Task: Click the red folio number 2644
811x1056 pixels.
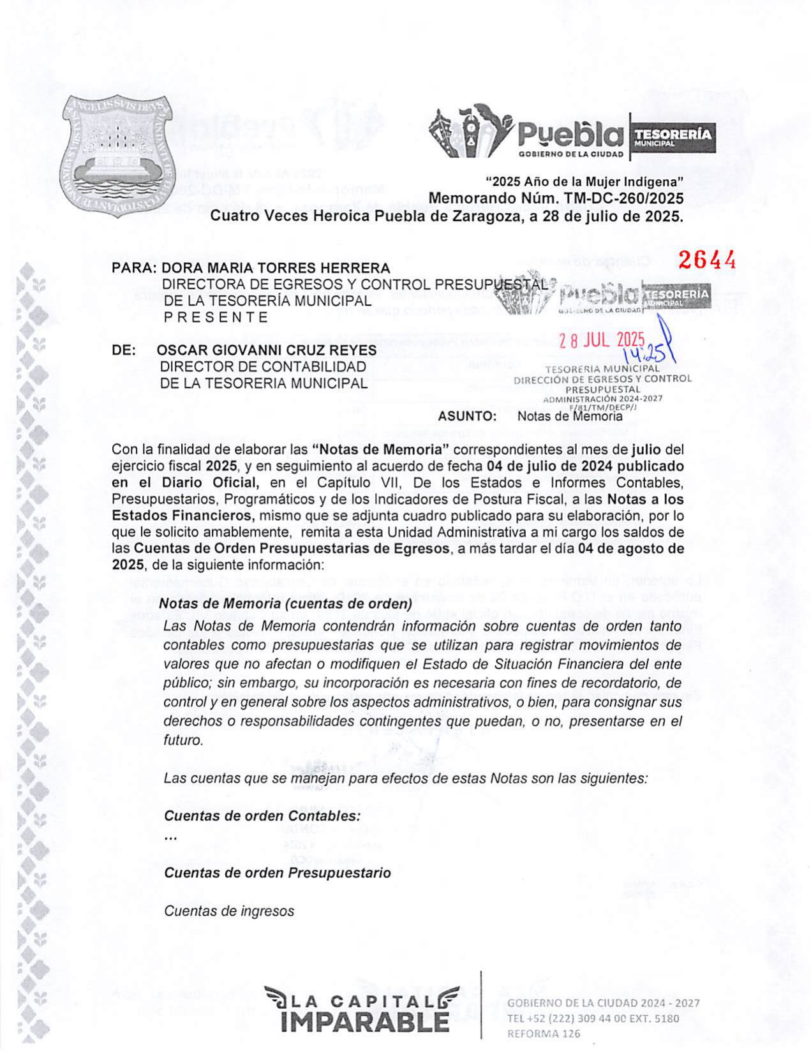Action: coord(706,260)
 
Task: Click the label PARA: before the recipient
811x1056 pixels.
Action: coord(133,268)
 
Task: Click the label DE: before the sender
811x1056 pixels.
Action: coord(123,350)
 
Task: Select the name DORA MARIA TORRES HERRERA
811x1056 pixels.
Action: coord(275,268)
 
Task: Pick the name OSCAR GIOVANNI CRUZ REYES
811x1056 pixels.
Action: coord(266,350)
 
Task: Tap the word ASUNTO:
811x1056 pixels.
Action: coord(466,417)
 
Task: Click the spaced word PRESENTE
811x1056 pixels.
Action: coord(216,317)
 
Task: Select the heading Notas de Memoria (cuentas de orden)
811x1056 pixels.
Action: coord(285,603)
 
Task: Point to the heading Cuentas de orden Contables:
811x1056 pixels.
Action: coord(262,815)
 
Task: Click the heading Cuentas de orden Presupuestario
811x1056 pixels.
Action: coord(278,872)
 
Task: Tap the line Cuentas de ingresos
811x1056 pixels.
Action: coord(229,911)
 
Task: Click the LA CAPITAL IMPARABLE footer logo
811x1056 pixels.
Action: coord(362,1009)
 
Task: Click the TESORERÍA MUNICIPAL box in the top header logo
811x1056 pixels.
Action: coord(672,137)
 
